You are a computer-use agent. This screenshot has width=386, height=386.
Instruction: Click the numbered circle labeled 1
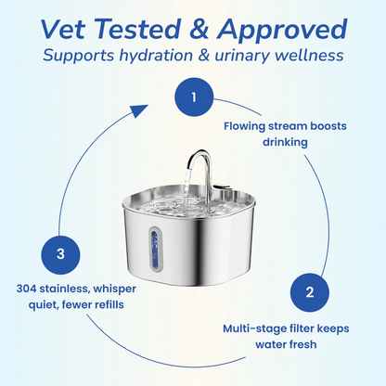click(x=193, y=97)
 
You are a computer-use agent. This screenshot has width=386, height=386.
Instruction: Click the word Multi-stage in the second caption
click(x=253, y=327)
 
